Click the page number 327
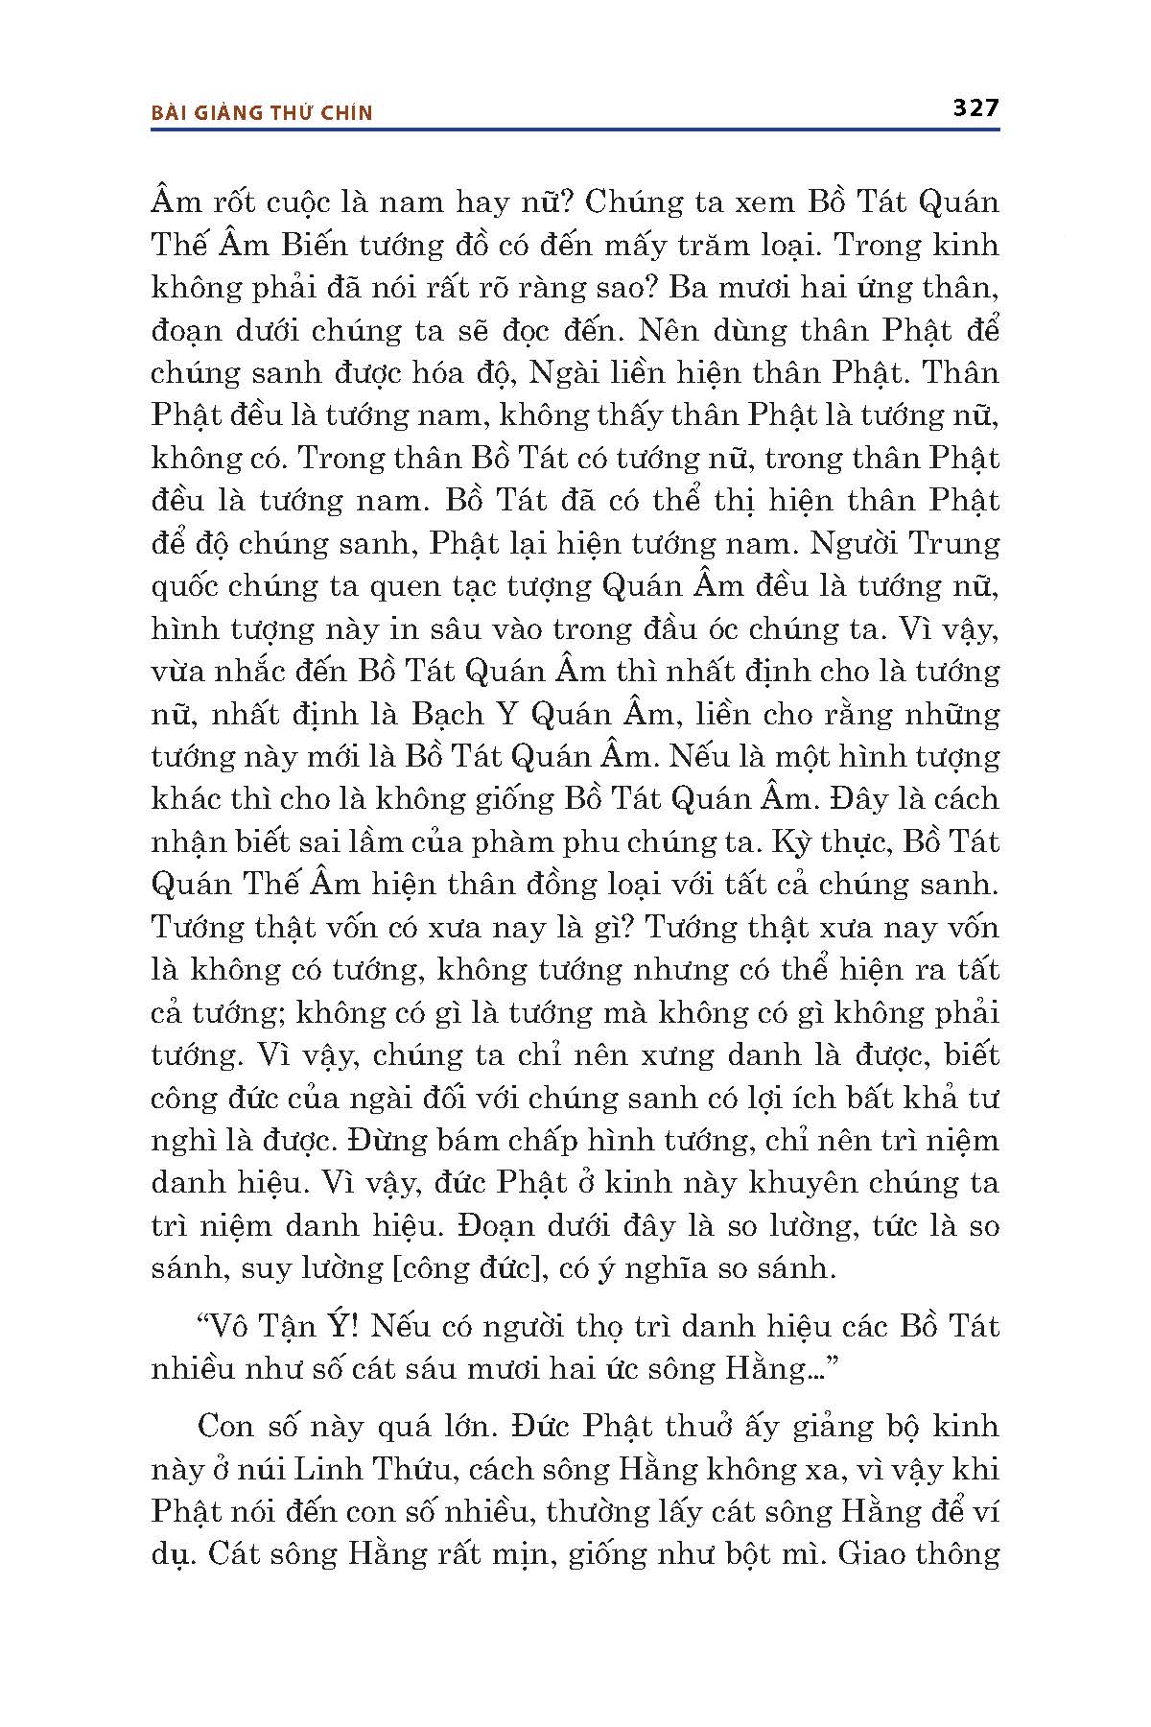(x=975, y=107)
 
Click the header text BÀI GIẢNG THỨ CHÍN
(x=262, y=113)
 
